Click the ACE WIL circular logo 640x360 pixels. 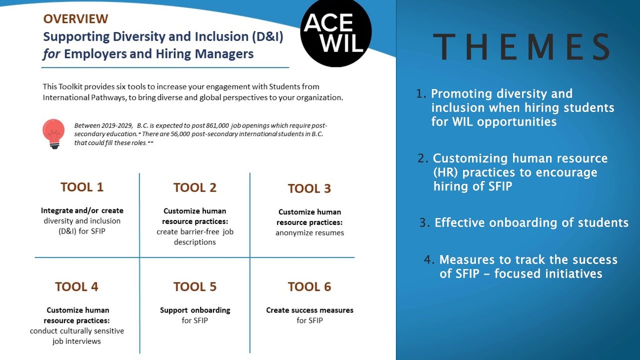(335, 32)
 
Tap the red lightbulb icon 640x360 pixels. (53, 133)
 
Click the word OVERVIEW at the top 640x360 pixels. (75, 19)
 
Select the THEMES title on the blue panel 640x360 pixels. (521, 47)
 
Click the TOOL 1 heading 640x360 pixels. (82, 187)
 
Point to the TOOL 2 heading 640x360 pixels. (194, 187)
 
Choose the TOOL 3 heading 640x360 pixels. (309, 188)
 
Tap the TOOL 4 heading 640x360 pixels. (76, 286)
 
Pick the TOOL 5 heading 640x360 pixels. (194, 286)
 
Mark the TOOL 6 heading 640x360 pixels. (309, 286)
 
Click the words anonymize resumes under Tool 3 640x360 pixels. (309, 232)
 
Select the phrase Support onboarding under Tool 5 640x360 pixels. (195, 310)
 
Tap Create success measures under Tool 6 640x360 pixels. (309, 310)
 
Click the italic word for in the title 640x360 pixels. (51, 54)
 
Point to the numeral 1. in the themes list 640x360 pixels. (421, 93)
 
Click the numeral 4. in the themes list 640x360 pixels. (428, 259)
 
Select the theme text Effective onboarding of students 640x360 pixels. (531, 222)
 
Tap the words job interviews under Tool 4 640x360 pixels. (76, 341)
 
